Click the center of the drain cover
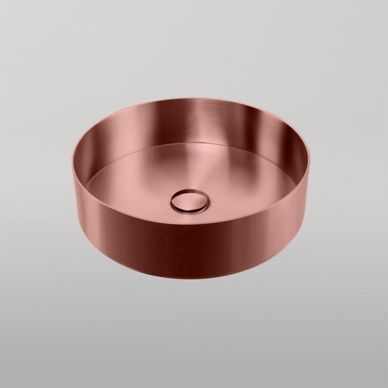(190, 200)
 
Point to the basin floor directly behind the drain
(191, 168)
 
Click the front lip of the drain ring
(190, 211)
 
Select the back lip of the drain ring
(190, 190)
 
